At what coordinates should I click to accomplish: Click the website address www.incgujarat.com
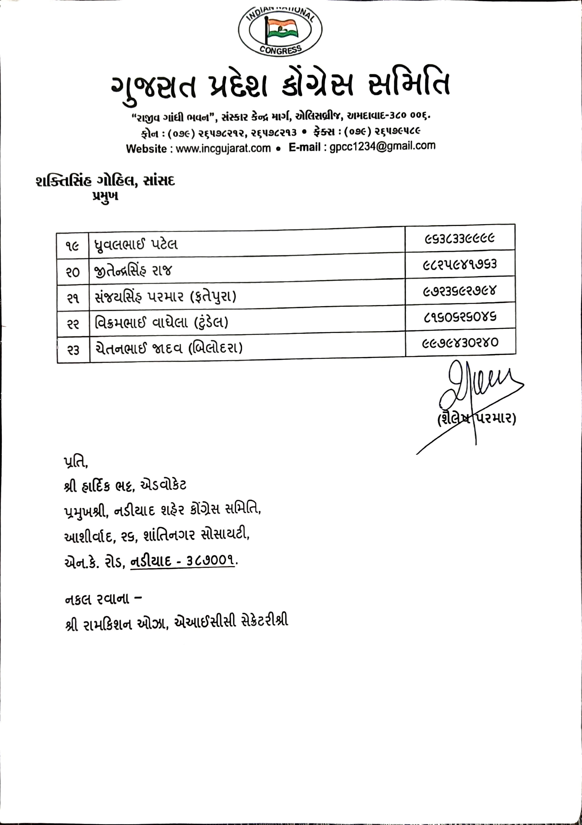coord(223,148)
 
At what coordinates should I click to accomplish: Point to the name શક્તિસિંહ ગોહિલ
coord(86,181)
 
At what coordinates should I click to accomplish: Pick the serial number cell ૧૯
coord(73,246)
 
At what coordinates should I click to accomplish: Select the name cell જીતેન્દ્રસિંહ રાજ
coord(133,270)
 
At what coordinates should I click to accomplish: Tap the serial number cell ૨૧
coord(73,298)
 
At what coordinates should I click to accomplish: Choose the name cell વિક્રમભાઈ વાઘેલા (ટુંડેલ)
coord(161,322)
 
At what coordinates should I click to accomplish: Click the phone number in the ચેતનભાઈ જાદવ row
coord(460,343)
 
